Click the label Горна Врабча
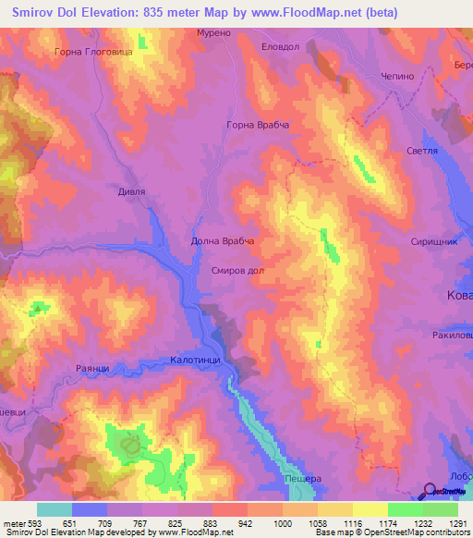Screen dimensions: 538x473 click(x=259, y=124)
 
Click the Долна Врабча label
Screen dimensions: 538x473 click(x=222, y=241)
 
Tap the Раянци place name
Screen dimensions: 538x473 click(x=92, y=368)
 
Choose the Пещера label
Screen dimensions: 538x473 click(x=302, y=479)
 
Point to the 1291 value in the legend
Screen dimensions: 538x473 click(x=456, y=523)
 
